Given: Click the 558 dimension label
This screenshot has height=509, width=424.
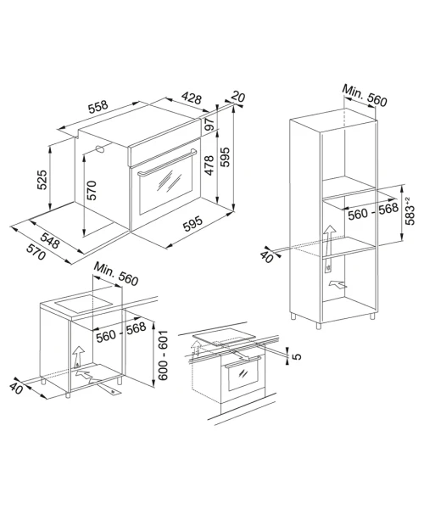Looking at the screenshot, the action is point(98,107).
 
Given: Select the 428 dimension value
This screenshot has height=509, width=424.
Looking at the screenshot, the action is point(192,98).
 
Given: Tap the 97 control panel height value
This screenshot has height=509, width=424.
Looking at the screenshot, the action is point(209,124).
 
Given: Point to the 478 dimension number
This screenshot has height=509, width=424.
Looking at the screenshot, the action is point(209,165).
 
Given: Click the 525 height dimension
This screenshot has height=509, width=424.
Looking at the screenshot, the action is point(42,180).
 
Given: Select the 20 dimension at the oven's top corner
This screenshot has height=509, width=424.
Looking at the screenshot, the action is point(238,97).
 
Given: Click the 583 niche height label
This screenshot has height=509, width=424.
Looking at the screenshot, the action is point(410,211).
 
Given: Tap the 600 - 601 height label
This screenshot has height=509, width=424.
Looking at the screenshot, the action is point(163,355).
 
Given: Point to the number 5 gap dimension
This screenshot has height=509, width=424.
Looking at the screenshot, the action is point(297,356).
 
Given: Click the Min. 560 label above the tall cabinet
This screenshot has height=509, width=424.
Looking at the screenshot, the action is point(365,95).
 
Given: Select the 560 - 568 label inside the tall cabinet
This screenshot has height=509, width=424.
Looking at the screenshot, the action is point(373,211).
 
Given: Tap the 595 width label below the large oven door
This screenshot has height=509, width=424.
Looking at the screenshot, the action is point(192,224).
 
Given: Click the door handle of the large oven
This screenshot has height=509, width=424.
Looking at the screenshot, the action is point(167,162).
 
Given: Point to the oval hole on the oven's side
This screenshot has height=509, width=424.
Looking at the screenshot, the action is point(100,149).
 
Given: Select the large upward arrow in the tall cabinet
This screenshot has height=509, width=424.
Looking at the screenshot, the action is point(329,248).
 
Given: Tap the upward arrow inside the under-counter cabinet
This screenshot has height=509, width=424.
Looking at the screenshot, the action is point(78,356).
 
